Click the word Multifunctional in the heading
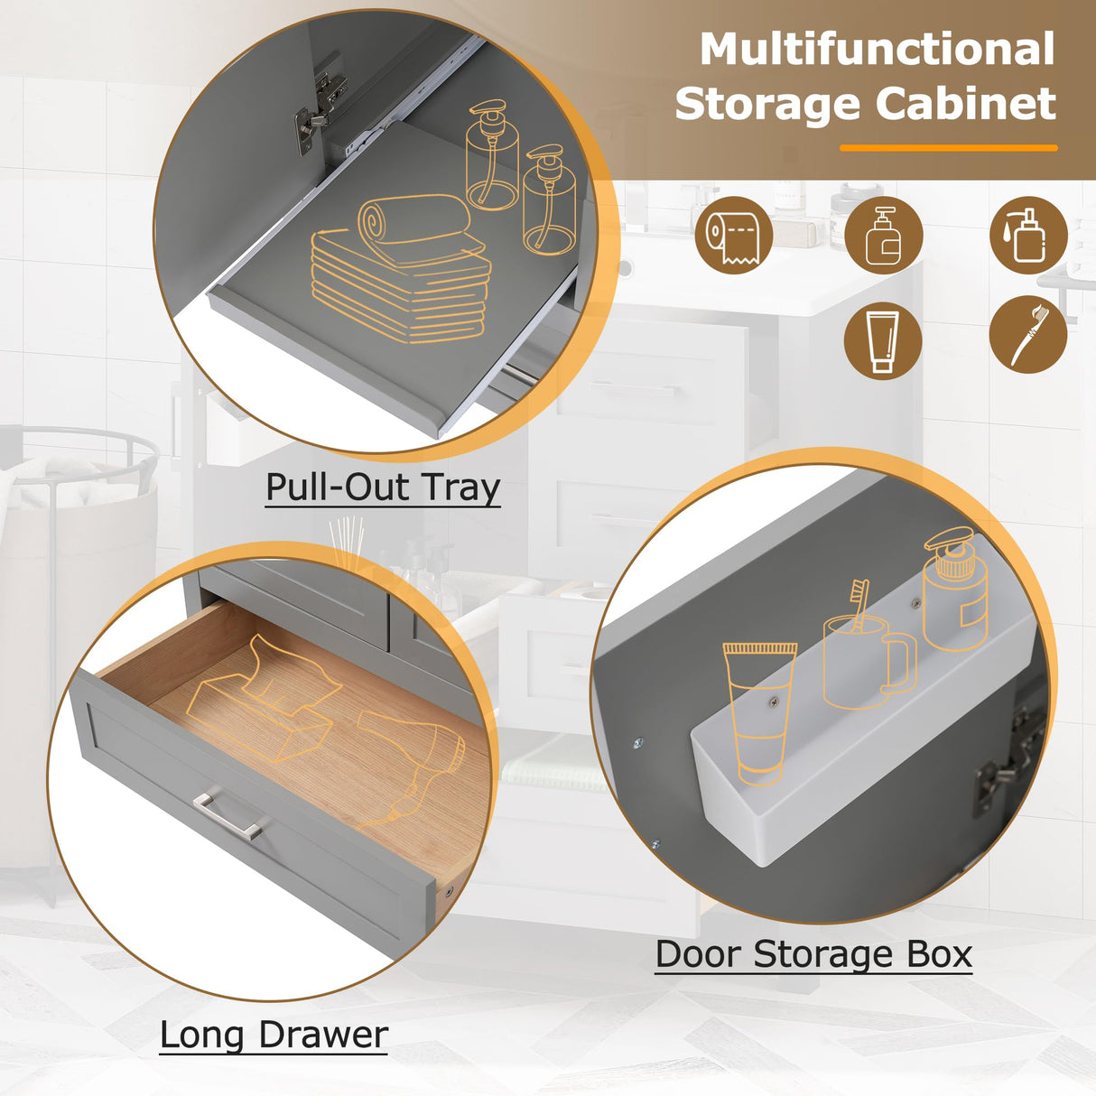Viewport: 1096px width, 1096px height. coord(877,50)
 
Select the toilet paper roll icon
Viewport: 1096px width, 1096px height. coord(734,236)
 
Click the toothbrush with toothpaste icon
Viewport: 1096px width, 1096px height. coord(1028,334)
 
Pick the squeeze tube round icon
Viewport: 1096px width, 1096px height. coord(882,340)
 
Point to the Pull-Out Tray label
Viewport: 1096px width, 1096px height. coord(383,488)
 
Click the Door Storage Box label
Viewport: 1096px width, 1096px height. coord(813,954)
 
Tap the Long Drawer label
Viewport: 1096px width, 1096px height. coord(274,1035)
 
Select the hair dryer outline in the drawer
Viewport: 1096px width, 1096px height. coord(411,758)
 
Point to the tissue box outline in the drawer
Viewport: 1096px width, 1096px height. coord(262,695)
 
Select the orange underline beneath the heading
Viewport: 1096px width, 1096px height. coord(948,147)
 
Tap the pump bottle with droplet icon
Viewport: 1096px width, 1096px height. coord(1028,236)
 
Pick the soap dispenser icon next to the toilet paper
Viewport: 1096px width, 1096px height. coord(882,236)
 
